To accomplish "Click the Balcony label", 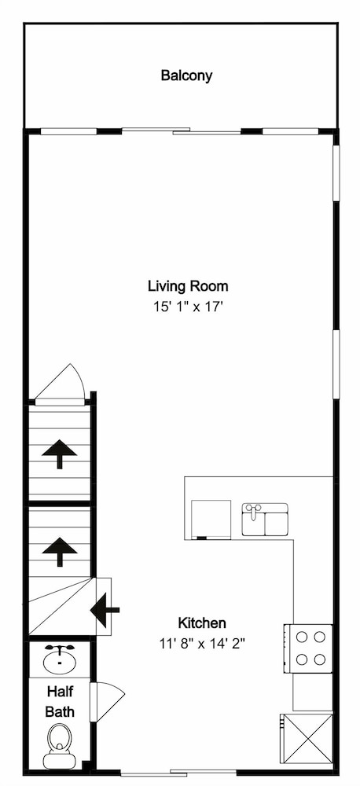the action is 186,75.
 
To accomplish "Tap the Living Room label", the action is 188,286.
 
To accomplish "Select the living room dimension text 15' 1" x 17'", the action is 188,307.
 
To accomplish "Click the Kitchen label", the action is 202,623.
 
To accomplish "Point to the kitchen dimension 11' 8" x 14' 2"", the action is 202,643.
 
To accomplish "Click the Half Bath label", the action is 60,701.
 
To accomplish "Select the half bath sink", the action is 60,659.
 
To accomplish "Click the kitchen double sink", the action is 265,520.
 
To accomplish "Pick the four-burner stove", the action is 308,648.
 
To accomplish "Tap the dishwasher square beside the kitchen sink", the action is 211,520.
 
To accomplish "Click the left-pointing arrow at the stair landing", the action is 105,610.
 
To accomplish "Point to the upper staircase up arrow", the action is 60,454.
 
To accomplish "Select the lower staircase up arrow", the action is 60,552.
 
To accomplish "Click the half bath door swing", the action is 107,702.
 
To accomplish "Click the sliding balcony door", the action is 182,131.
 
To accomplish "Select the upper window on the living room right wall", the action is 336,174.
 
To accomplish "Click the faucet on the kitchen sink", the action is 254,510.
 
